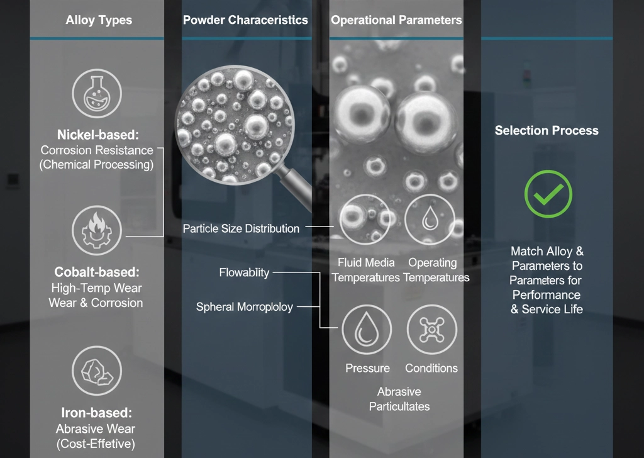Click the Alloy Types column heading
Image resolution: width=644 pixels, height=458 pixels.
coord(99,20)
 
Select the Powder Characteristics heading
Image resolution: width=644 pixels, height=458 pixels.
coord(245,20)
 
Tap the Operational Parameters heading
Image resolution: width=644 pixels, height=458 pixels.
coord(396,20)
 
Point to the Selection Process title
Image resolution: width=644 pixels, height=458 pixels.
coord(547,131)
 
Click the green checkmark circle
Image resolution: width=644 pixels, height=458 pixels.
coord(548,194)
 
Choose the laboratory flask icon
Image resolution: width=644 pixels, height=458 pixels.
coord(97,94)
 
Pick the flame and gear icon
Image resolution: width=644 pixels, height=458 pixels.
coord(97,230)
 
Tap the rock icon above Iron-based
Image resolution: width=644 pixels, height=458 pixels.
coord(97,371)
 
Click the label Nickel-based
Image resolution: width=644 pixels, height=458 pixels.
coord(97,135)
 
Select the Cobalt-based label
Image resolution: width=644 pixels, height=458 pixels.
coord(97,272)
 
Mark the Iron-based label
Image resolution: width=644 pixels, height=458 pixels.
coord(96,413)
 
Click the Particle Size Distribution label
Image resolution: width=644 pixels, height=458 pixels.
coord(241,228)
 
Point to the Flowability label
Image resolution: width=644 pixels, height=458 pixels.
coord(244,272)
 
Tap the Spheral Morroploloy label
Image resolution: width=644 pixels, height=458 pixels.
coord(245,307)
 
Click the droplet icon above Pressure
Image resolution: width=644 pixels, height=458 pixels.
coord(367,330)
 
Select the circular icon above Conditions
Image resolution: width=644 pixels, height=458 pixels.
coord(431,330)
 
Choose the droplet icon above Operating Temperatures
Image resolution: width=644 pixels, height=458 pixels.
coord(430,220)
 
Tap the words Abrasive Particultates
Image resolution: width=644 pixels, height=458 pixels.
coord(399,399)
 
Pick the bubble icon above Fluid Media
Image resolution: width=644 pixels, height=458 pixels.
coord(365,220)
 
